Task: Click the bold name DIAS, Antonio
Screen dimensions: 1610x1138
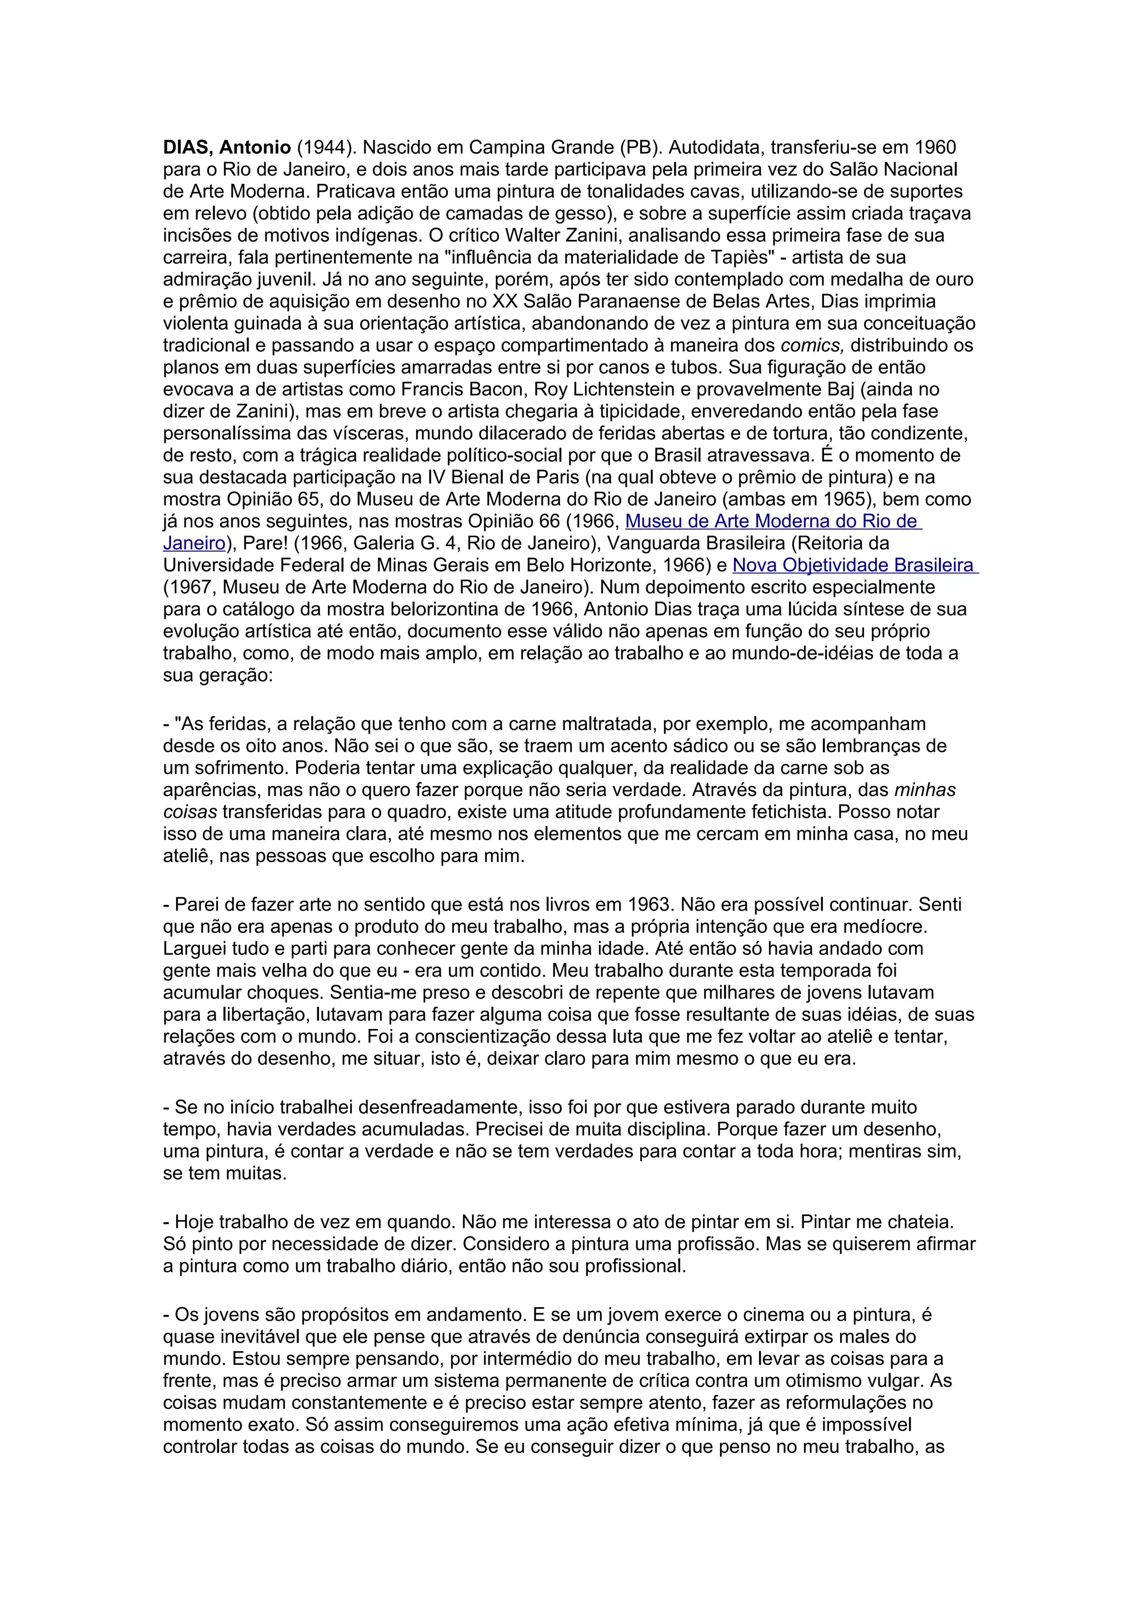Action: point(227,148)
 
